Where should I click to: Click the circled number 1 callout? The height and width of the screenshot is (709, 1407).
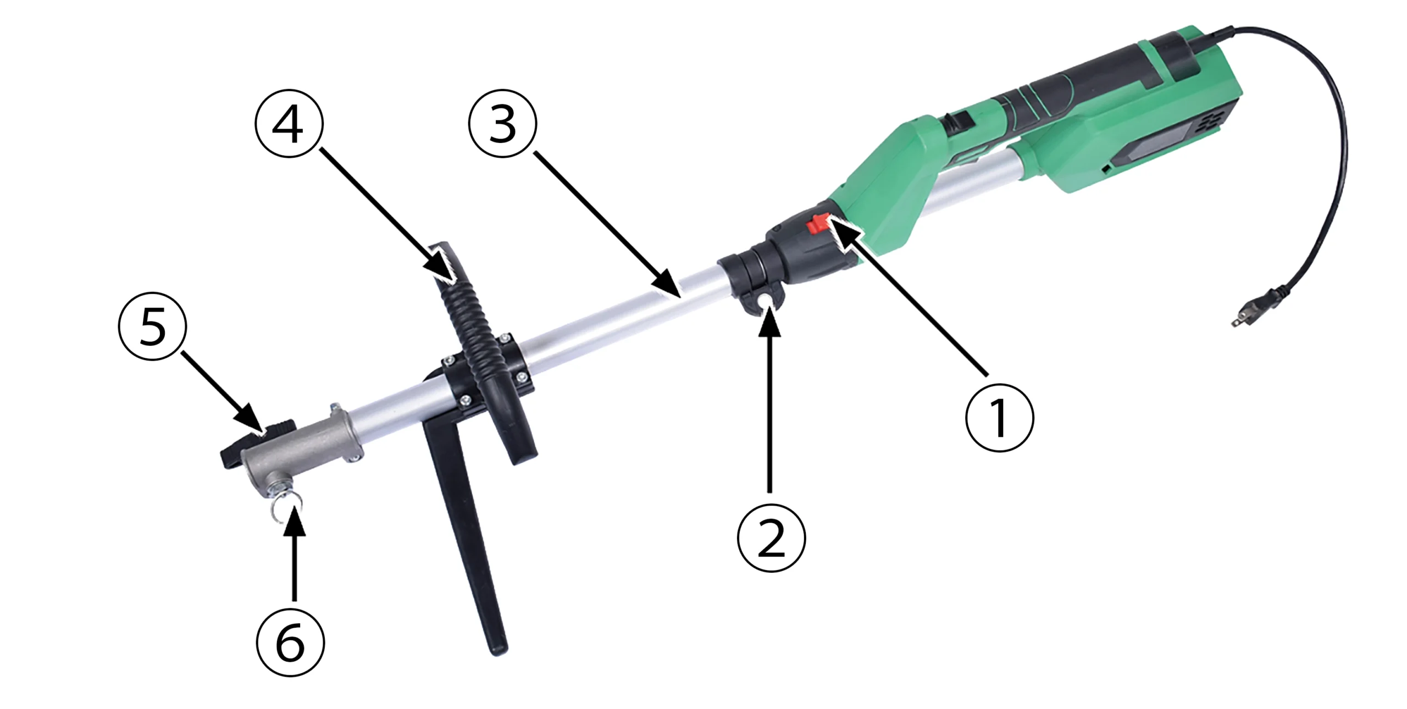(x=999, y=418)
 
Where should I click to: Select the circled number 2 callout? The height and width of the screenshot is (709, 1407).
(x=771, y=538)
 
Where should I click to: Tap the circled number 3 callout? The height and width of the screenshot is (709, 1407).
(x=502, y=124)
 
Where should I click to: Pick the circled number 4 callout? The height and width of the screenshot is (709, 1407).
(x=289, y=124)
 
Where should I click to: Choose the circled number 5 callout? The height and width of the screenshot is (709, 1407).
(x=152, y=326)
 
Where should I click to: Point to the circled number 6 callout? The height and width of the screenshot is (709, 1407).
(x=290, y=642)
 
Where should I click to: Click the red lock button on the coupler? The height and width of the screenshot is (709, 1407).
(x=818, y=223)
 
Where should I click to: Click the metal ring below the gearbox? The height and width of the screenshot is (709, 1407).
(x=281, y=507)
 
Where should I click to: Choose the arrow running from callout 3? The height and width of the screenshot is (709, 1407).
(x=608, y=225)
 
